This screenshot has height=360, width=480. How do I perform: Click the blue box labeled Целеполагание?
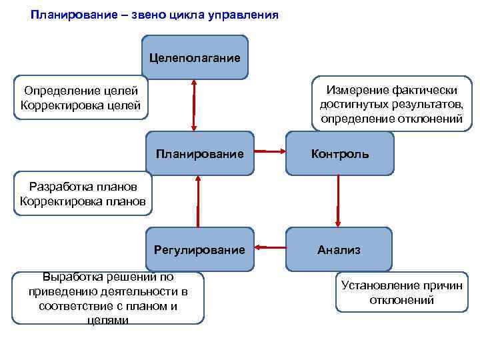pos(195,57)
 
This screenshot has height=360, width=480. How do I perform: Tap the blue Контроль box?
pos(340,154)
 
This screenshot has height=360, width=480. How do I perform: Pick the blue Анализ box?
pos(339,250)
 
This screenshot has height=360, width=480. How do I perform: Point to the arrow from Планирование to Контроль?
pos(269,152)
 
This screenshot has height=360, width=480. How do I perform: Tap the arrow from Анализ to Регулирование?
pos(272,248)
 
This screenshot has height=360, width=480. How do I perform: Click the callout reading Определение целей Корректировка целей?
pos(81,97)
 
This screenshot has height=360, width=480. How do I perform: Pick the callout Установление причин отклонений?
pos(401,293)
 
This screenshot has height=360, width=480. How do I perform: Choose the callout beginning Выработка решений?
pos(108,297)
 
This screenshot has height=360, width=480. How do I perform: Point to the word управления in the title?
pos(240,14)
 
